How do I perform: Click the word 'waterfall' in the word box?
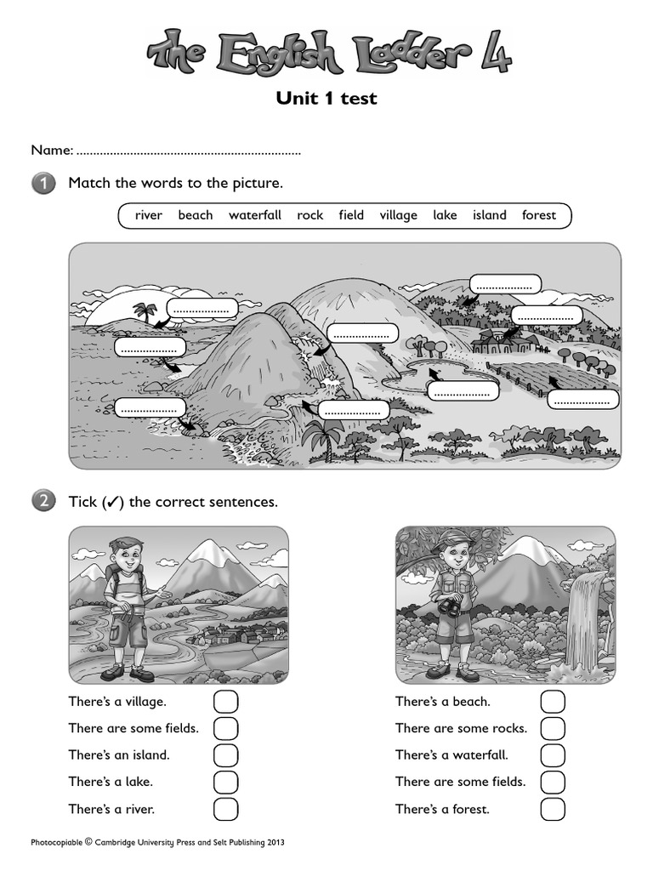point(254,215)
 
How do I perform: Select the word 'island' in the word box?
point(489,215)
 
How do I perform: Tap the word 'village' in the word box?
point(398,215)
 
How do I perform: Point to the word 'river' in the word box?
point(148,215)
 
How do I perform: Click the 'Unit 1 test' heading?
point(326,99)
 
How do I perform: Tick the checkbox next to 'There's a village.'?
point(225,702)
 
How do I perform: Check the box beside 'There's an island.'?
point(225,755)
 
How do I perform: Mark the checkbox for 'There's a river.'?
point(225,809)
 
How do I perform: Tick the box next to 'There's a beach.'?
point(553,702)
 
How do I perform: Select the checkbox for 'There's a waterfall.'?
point(553,755)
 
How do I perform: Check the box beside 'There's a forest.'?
point(553,809)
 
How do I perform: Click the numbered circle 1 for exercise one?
point(43,183)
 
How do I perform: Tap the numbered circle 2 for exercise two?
point(43,502)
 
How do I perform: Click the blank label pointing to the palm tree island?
point(202,308)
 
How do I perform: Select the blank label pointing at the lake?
point(462,391)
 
